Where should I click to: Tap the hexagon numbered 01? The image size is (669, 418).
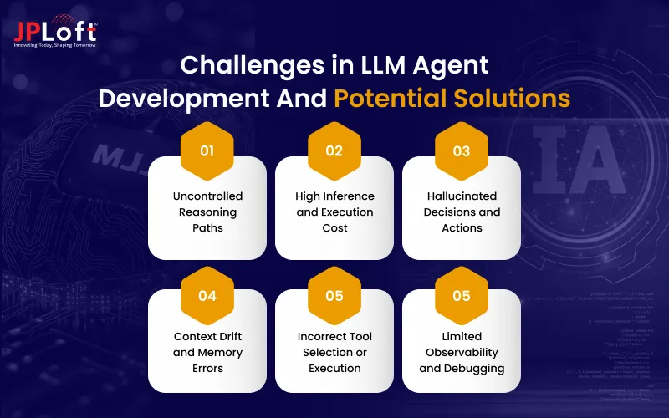coord(207,151)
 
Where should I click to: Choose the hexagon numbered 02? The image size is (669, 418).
coord(334,151)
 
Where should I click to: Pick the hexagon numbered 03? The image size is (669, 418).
coord(462,151)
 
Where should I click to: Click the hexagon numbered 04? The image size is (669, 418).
coord(207,295)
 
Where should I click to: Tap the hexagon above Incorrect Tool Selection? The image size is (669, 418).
coord(334,295)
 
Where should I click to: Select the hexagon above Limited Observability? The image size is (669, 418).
coord(462,295)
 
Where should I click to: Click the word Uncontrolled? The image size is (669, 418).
coord(207,196)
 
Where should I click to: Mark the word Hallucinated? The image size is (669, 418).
coord(462,196)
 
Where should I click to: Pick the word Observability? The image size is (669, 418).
coord(462,352)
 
